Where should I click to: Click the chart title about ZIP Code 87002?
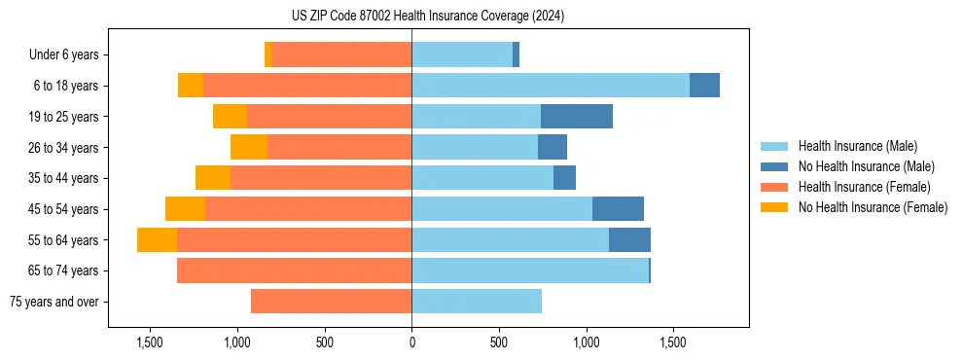point(427,17)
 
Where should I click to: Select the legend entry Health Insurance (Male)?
point(857,146)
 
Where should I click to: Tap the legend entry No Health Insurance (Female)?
point(873,207)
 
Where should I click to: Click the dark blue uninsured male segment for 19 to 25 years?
point(577,117)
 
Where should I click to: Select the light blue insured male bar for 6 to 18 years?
point(551,86)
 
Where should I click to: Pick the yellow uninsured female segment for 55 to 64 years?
point(157,240)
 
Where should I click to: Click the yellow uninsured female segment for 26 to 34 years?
point(249,147)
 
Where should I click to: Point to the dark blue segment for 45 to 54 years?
point(618,209)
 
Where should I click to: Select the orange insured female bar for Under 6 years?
point(341,55)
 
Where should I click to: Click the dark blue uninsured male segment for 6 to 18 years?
point(704,86)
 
